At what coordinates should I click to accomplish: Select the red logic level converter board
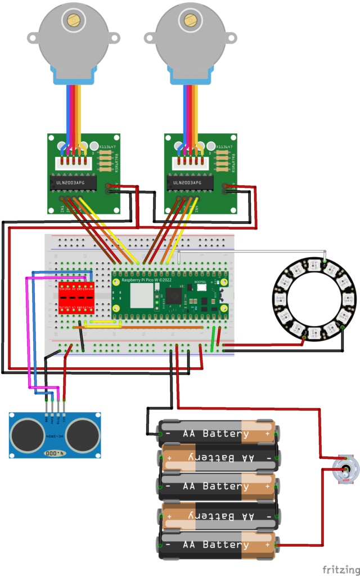pos(76,298)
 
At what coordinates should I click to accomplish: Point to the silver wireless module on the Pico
pos(141,296)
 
